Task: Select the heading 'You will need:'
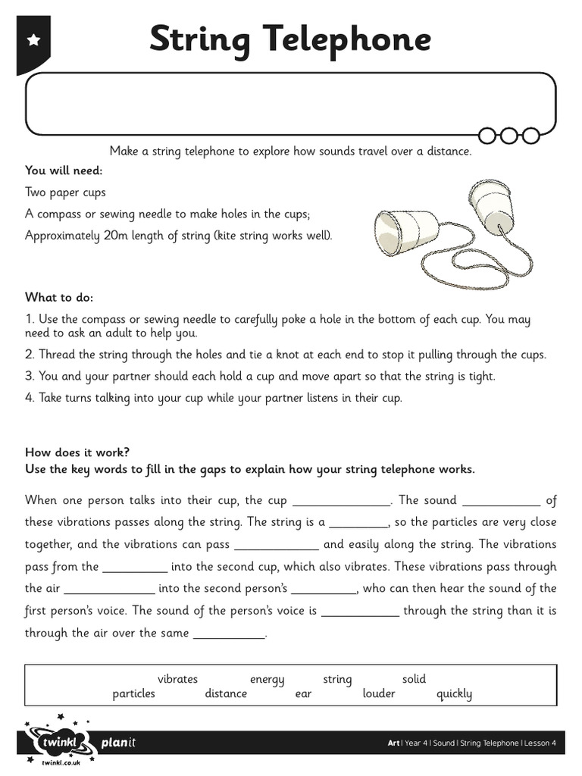click(x=64, y=171)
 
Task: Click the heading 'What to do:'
click(x=59, y=297)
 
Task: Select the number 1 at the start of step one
click(x=29, y=319)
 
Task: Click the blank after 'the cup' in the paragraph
click(x=340, y=501)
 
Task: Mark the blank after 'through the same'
click(x=230, y=634)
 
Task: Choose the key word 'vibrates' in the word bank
click(x=177, y=679)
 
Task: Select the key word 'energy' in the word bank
click(x=267, y=679)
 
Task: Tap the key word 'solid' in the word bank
click(x=414, y=679)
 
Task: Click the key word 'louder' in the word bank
click(x=379, y=693)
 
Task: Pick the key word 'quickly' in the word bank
click(x=454, y=693)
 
